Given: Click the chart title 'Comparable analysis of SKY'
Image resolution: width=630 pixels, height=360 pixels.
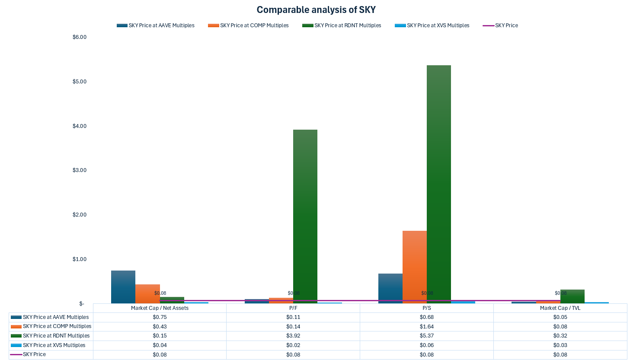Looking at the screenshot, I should (316, 10).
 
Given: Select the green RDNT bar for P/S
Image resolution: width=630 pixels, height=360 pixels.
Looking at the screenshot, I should (438, 182).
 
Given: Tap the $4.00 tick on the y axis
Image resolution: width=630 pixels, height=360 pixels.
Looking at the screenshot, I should (80, 126).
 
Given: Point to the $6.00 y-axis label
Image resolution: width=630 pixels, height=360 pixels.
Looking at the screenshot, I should (80, 37).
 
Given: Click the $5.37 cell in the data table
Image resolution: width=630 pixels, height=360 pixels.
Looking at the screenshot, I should (426, 336).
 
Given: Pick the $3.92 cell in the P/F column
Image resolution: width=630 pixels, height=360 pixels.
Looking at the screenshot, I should (293, 336).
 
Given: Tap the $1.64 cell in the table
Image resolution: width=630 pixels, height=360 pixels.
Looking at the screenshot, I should (426, 327).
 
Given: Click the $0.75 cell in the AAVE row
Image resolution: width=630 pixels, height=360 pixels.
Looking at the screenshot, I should (160, 317).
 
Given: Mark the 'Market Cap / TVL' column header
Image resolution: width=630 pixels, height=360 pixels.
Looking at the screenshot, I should (560, 308).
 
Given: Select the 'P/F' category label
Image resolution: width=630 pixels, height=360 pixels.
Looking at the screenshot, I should (293, 308).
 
